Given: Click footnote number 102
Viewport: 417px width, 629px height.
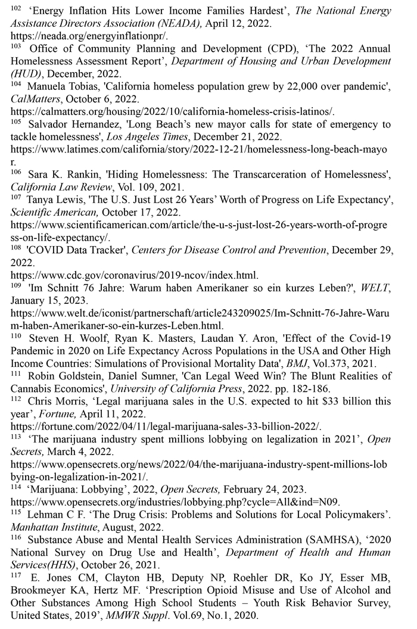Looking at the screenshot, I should click(16, 8).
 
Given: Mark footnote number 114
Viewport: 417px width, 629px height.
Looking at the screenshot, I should click(16, 486).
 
